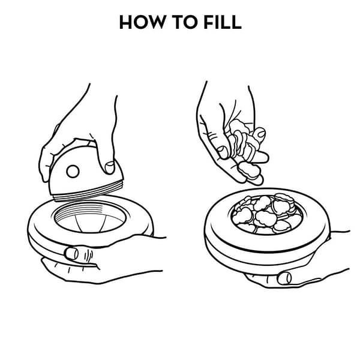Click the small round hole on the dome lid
73,172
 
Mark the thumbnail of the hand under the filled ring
284,278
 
